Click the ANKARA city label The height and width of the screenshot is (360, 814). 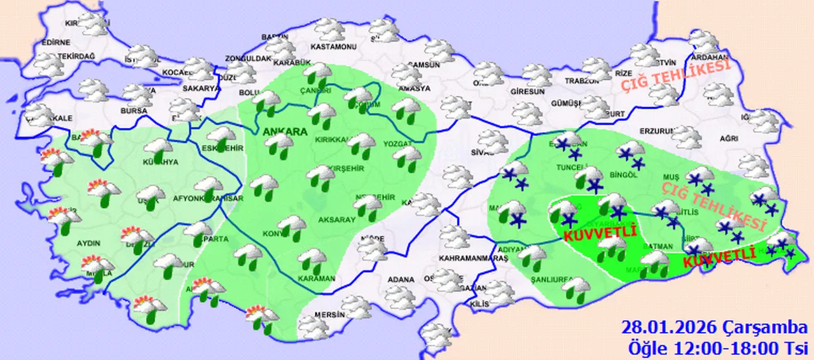pos(284,132)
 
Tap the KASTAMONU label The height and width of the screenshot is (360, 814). pos(333,47)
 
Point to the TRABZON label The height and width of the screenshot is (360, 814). pos(583,81)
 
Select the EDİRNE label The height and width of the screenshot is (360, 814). pos(55,43)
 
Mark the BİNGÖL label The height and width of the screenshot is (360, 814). pos(623,174)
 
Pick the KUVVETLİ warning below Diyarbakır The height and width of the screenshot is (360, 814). pos(600,233)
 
